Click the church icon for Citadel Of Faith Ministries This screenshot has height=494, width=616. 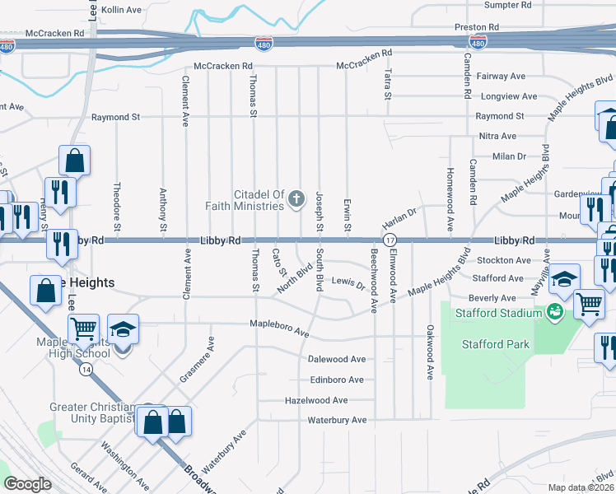296,198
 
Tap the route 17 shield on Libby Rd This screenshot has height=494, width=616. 386,240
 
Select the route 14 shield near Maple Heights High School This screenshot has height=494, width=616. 86,370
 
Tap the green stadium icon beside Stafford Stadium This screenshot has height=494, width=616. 555,312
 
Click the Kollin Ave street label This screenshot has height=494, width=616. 122,10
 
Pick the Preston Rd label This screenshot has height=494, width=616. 477,27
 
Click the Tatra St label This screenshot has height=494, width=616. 387,85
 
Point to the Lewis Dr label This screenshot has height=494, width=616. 348,284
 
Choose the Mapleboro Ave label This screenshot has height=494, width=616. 279,329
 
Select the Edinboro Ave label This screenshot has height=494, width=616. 336,380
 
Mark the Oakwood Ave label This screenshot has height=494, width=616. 430,352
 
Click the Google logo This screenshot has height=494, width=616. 27,484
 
